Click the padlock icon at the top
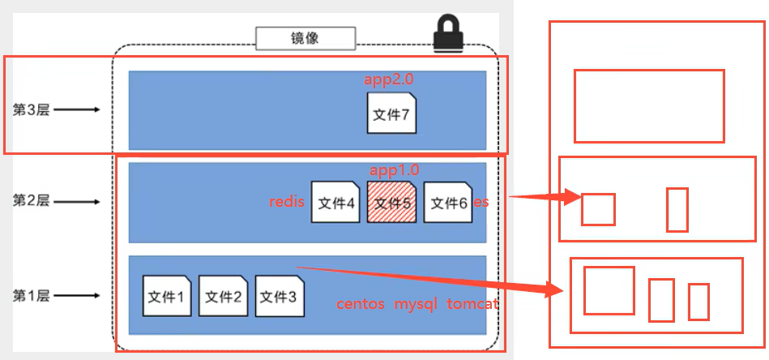point(447,34)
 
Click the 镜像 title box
point(305,37)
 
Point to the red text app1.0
point(394,170)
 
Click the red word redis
point(287,202)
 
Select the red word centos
point(361,304)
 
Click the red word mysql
point(416,304)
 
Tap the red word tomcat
point(472,304)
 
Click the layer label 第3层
point(31,109)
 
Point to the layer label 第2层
point(31,199)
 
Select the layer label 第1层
point(31,295)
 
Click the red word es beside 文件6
point(481,202)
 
